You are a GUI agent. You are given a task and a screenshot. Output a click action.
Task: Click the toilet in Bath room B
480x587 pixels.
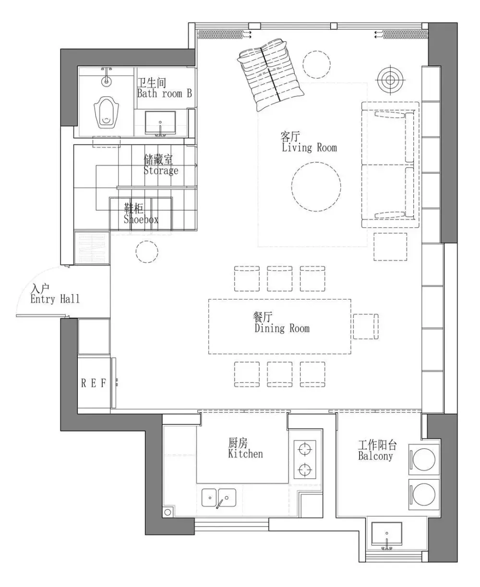coord(107,112)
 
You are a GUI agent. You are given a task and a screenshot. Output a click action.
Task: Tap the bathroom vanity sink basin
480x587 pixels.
coord(160,123)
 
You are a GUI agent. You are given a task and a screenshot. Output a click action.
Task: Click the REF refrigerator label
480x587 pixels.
coord(94,383)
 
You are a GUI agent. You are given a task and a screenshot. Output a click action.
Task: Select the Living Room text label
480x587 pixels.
coord(309,142)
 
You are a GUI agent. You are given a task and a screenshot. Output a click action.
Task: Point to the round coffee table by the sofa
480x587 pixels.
coord(316,187)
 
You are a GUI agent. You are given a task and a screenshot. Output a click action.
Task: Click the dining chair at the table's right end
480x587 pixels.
coord(366,326)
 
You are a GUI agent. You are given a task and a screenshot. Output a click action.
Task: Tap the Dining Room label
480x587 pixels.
coord(281,323)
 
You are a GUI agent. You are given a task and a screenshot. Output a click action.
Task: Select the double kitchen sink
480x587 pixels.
coord(219,498)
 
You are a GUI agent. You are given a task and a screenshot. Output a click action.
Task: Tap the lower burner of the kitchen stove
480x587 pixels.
coord(305,469)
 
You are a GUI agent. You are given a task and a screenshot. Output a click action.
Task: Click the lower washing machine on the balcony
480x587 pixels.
coord(424,494)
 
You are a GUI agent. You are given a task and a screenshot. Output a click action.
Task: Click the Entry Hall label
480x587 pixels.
coord(55,294)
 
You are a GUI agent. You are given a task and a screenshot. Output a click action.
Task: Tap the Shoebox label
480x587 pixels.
coord(141,214)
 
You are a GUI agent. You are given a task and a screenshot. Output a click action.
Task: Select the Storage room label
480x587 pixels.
coord(161,165)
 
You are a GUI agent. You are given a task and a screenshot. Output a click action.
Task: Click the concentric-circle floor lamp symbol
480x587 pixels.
coord(390,81)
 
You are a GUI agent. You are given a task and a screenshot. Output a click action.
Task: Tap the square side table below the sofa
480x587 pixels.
coord(390,247)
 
